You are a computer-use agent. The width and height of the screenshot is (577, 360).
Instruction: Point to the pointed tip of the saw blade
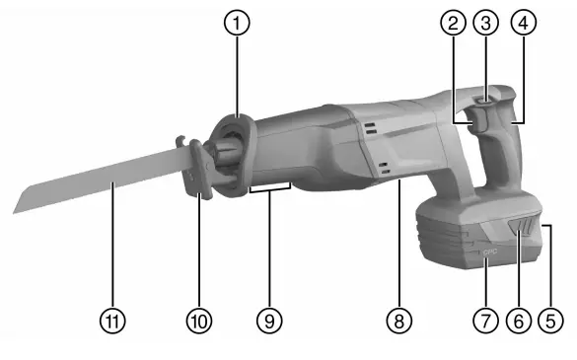[14, 211]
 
